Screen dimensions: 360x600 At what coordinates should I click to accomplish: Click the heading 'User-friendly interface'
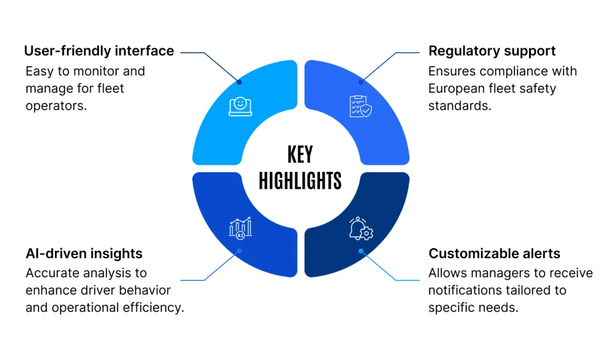(99, 51)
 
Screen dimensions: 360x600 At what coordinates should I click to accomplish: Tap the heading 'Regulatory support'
(492, 51)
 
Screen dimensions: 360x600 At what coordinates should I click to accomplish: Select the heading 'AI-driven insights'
(84, 253)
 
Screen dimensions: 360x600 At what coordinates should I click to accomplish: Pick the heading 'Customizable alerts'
(494, 253)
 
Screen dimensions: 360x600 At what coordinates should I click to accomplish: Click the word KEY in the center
(300, 155)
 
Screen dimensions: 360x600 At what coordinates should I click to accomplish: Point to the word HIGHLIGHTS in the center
(300, 181)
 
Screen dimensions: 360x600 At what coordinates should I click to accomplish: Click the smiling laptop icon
(240, 106)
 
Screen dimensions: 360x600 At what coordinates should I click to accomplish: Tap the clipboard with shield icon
(360, 106)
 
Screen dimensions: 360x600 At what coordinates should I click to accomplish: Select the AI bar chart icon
(240, 227)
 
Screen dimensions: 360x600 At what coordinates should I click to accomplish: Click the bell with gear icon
(361, 229)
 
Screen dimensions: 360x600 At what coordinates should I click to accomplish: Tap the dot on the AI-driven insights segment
(239, 251)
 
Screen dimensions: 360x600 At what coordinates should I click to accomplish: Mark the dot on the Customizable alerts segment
(361, 251)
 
